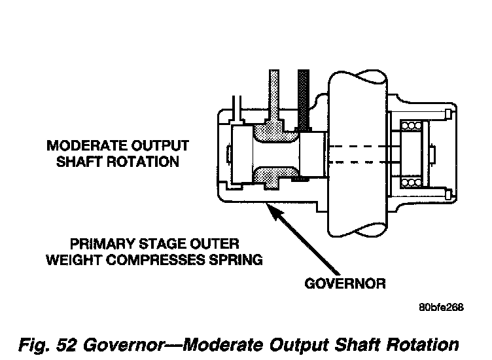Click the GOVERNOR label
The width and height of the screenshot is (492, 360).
[x=345, y=283]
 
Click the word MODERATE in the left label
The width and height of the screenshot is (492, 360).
[x=86, y=145]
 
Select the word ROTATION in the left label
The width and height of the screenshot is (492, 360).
[x=143, y=162]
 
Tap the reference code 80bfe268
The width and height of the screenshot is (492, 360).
[x=441, y=307]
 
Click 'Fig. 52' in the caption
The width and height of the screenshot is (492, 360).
[x=48, y=345]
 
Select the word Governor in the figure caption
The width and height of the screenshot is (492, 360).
[x=124, y=345]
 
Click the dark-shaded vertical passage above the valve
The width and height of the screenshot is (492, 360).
[x=304, y=99]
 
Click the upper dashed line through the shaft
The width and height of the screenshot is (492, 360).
[x=361, y=146]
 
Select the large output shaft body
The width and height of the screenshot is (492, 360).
[x=357, y=154]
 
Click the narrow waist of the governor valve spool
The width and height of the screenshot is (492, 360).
[x=276, y=154]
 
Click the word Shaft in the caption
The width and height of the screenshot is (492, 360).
[x=357, y=345]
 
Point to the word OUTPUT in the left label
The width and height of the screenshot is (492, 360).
[x=160, y=145]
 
